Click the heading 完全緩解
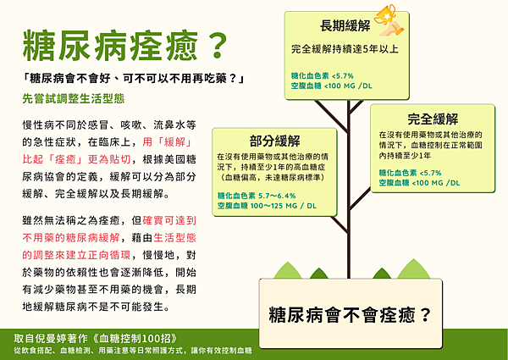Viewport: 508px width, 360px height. point(433,119)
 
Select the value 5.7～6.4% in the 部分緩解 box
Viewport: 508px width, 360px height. point(291,195)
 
